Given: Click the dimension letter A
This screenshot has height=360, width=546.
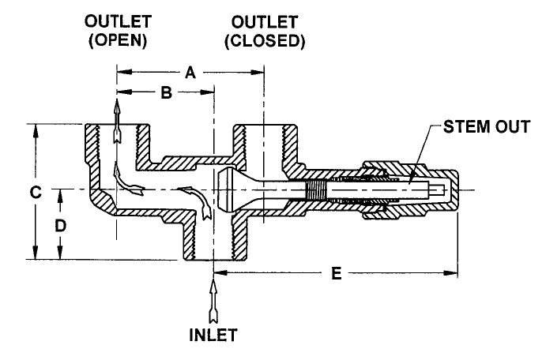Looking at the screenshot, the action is click(190, 73).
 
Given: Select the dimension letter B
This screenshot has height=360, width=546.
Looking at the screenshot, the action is click(167, 92).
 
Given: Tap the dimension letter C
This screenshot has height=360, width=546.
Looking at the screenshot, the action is click(36, 192).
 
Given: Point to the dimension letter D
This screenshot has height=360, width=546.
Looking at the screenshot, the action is click(60, 226).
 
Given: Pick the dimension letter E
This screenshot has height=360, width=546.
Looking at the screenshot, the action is click(337, 273).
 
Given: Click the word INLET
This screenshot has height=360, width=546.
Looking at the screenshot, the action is click(213, 335).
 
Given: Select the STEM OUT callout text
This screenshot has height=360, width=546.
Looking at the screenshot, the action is click(487, 126).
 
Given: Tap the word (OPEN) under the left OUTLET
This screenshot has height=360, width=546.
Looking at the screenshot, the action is click(118, 40).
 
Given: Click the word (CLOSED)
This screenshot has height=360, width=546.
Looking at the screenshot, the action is click(265, 41).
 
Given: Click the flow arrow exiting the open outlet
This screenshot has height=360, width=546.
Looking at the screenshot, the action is click(117, 121).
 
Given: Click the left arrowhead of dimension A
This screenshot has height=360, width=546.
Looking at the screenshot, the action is click(124, 73).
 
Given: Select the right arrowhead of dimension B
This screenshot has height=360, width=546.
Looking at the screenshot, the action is click(207, 92).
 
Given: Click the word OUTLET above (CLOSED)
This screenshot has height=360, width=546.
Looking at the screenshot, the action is click(265, 22).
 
